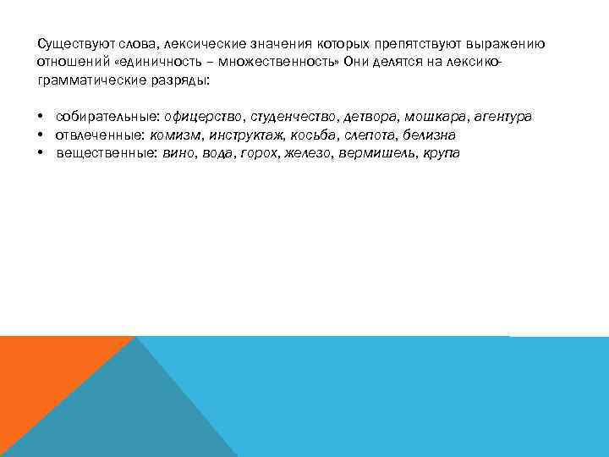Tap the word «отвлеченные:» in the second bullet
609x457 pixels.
click(x=100, y=135)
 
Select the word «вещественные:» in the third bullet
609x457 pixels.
click(x=106, y=154)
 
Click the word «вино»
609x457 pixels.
click(x=178, y=154)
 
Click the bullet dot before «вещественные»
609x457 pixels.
click(x=41, y=154)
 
